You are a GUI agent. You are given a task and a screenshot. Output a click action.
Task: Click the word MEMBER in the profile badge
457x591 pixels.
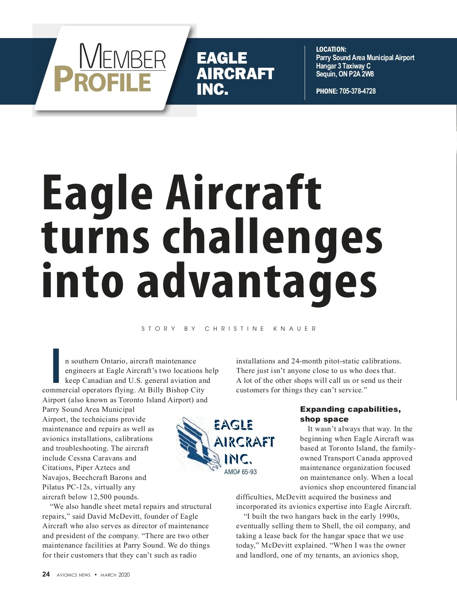coord(123,57)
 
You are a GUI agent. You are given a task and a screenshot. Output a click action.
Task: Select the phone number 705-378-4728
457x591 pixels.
coord(357,91)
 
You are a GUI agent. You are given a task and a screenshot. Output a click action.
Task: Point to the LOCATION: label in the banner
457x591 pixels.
coord(331,49)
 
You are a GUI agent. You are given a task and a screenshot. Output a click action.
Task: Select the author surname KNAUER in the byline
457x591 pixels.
coord(295,329)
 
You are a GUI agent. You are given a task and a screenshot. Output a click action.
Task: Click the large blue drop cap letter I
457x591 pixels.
coord(56,365)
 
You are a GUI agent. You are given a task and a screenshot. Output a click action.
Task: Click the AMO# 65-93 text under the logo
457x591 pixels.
coord(240,472)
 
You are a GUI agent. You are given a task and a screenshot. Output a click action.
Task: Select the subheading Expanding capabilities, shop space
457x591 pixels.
coord(350,414)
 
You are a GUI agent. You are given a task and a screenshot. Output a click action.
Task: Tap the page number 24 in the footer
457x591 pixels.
coord(46,574)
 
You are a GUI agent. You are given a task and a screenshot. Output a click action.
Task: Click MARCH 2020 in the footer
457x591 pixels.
coord(115,575)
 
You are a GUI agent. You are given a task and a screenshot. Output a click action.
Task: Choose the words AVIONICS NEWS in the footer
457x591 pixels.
coord(74,575)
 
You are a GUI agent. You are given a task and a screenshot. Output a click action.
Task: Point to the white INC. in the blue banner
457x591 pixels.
coord(212,89)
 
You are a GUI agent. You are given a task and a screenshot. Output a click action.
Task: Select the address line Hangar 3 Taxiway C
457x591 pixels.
coord(343,66)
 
